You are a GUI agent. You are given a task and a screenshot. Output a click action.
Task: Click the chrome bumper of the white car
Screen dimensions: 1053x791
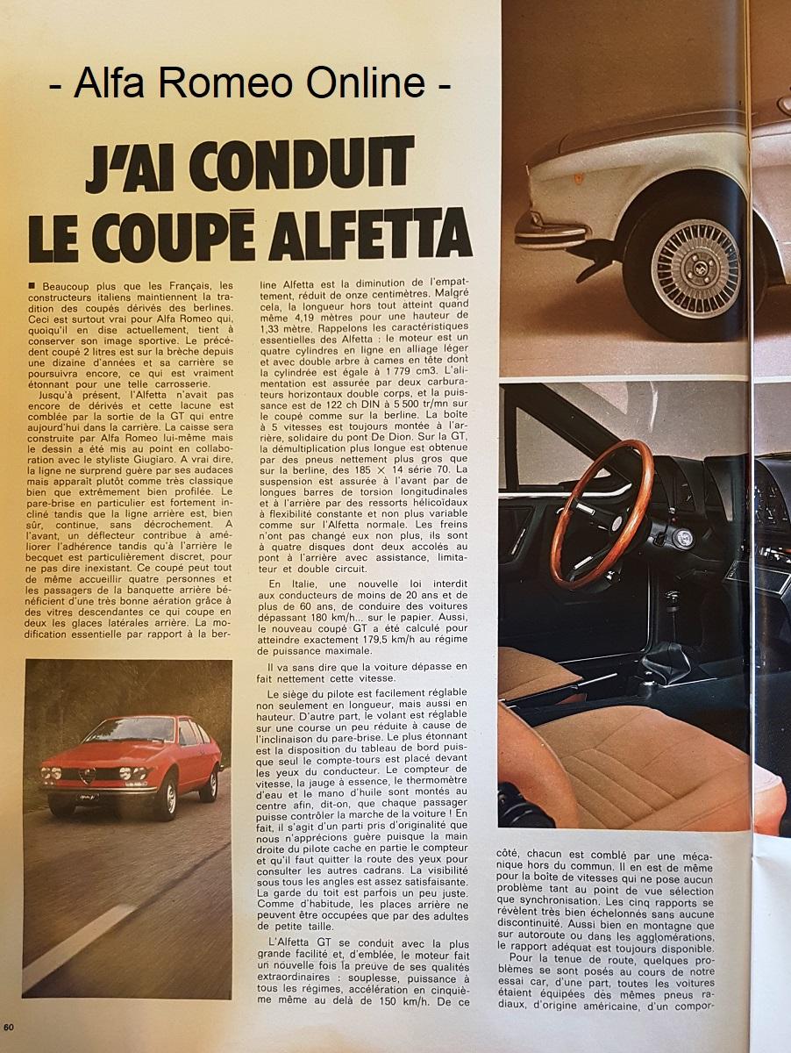550,233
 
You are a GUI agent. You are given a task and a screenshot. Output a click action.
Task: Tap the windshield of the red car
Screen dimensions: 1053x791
129,730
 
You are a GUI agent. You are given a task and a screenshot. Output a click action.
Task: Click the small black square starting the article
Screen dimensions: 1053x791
32,284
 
